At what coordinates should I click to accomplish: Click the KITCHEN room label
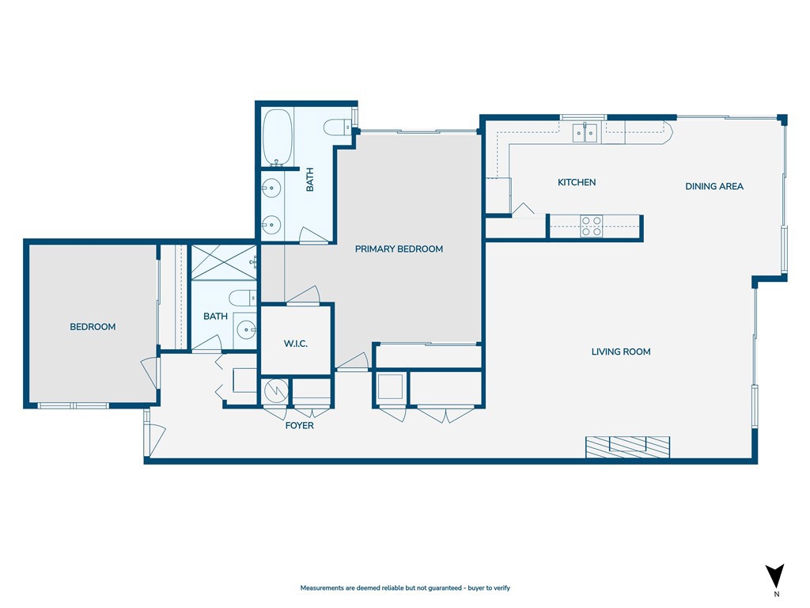coord(577,183)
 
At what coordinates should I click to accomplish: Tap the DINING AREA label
coord(713,187)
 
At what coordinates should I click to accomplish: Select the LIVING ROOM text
coord(621,351)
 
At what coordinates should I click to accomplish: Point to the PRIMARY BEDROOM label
coord(399,249)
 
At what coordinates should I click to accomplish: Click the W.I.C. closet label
coord(295,344)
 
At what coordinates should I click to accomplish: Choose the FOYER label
coord(299,426)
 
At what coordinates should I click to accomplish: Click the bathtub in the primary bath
coord(277,138)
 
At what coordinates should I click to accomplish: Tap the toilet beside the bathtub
coord(336,127)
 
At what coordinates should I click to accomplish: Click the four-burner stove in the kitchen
coord(592,226)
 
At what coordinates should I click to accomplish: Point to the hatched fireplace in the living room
coord(627,446)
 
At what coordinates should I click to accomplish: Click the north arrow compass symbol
coord(775,576)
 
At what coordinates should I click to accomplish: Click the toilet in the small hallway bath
coord(241,298)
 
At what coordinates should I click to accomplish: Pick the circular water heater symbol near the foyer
coord(276,391)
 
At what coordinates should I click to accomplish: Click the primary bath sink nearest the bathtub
coord(271,188)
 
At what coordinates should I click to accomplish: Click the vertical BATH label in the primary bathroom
coord(310,182)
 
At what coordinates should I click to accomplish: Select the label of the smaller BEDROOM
coord(93,327)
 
